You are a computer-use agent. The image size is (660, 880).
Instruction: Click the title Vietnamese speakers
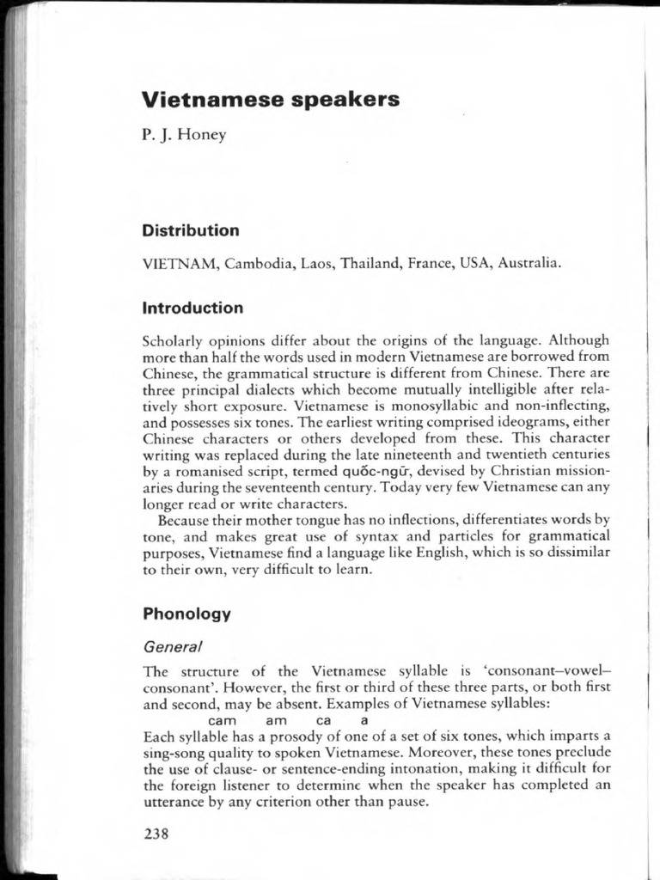[x=271, y=100]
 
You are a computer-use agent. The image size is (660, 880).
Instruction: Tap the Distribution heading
[x=191, y=231]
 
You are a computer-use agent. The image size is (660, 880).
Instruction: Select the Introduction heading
[x=192, y=308]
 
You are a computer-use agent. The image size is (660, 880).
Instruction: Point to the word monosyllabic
[x=419, y=406]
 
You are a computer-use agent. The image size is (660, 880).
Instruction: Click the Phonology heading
[x=187, y=614]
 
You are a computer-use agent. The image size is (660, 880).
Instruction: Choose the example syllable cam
[x=223, y=720]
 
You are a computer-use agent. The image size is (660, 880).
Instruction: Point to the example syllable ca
[x=324, y=720]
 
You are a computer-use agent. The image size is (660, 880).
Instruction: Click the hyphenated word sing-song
[x=175, y=753]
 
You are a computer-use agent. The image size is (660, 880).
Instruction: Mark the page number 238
[x=156, y=834]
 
